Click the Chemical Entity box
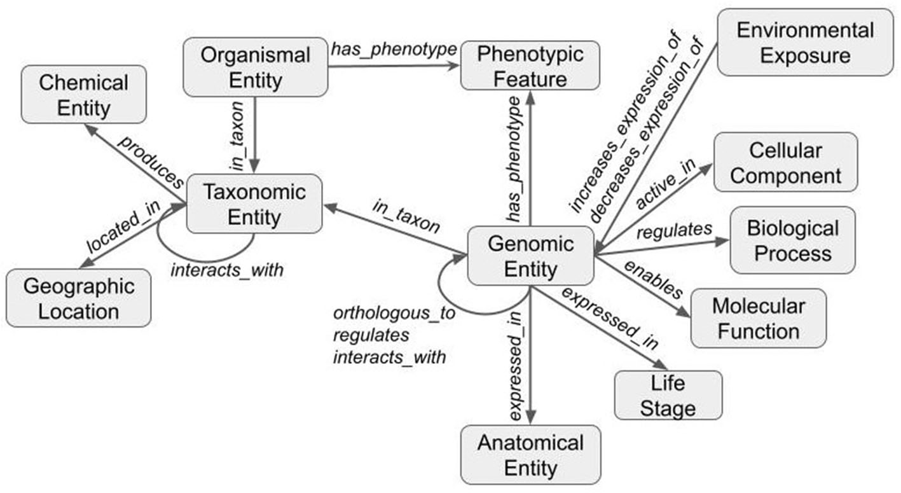pyautogui.click(x=83, y=94)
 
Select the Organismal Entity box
pyautogui.click(x=255, y=67)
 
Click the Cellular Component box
pyautogui.click(x=785, y=162)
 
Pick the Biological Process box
pyautogui.click(x=792, y=240)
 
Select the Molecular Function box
pyautogui.click(x=758, y=318)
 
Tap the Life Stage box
pyautogui.click(x=668, y=396)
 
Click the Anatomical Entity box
pyautogui.click(x=530, y=454)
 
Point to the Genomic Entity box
pyautogui.click(x=530, y=256)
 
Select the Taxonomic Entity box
pyautogui.click(x=254, y=204)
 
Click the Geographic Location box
pyautogui.click(x=79, y=298)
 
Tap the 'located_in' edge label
pyautogui.click(x=124, y=227)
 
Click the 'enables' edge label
pyautogui.click(x=653, y=279)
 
